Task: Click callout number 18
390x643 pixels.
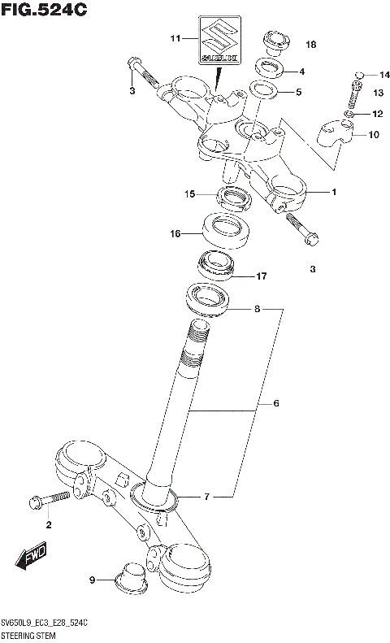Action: [310, 44]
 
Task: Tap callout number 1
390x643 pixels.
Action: [334, 192]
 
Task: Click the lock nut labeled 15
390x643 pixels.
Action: [236, 197]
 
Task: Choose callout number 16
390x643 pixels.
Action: [175, 233]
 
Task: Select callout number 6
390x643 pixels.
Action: [275, 403]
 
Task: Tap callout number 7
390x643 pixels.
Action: [206, 496]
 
